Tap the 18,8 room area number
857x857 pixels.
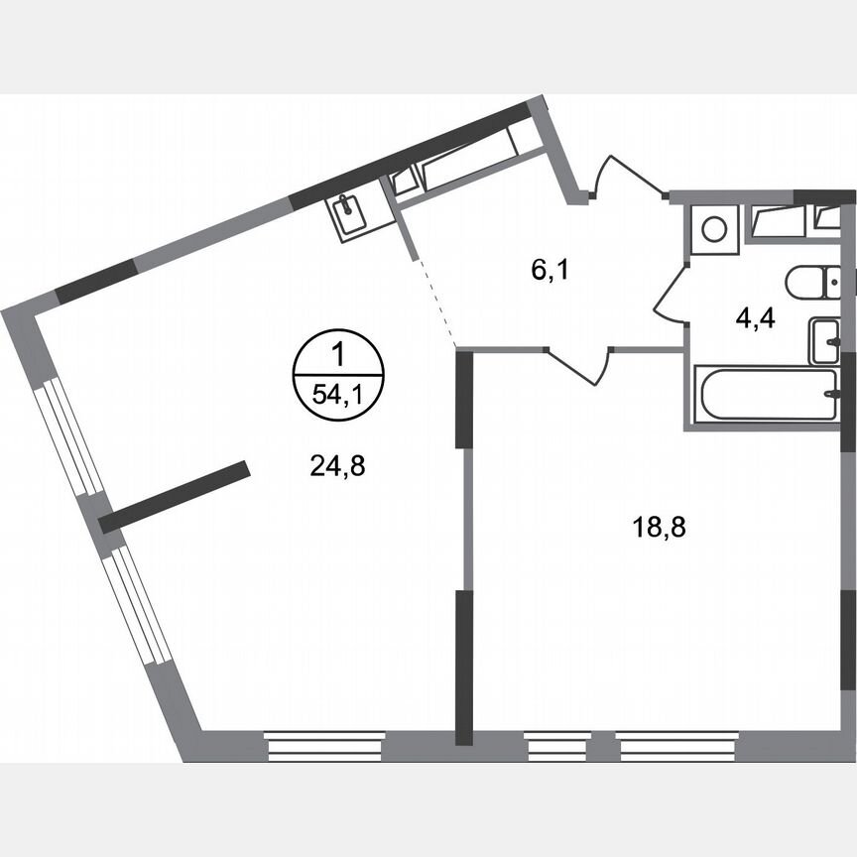coord(660,527)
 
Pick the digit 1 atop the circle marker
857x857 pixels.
coord(338,353)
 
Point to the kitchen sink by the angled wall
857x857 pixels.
coord(349,215)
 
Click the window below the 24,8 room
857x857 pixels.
coord(325,746)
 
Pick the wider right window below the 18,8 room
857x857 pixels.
coord(677,746)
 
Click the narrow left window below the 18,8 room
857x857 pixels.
coord(554,746)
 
